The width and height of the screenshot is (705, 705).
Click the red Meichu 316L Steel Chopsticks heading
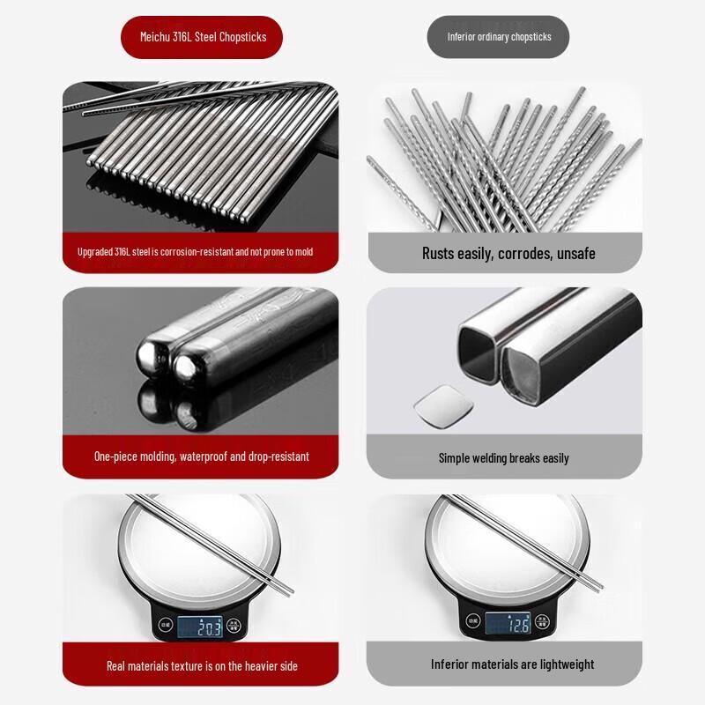click(x=202, y=37)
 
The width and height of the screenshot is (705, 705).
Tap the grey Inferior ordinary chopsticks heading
click(x=498, y=37)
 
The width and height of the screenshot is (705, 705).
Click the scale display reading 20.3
click(x=200, y=627)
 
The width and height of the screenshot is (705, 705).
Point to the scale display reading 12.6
click(x=508, y=624)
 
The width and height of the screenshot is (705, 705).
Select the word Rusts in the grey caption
click(x=438, y=254)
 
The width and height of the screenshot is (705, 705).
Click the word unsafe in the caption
click(x=576, y=254)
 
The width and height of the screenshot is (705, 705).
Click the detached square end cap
click(x=443, y=405)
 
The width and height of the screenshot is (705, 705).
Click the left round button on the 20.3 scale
click(x=166, y=625)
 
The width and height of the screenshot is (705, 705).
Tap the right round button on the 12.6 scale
click(x=542, y=621)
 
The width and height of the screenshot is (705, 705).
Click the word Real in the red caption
click(x=116, y=666)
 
